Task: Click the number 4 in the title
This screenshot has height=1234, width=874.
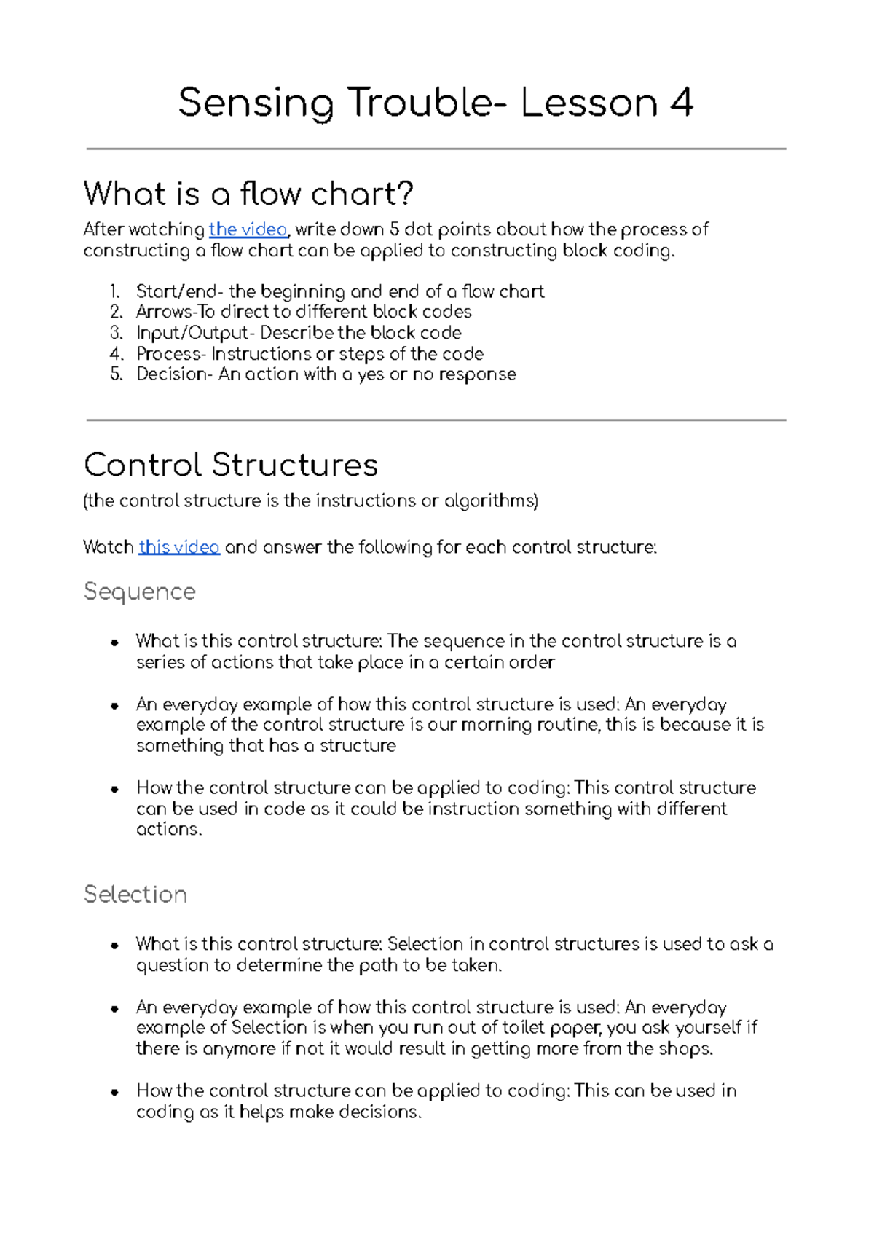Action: click(681, 102)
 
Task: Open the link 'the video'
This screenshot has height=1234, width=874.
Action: click(248, 229)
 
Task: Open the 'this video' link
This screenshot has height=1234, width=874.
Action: click(179, 547)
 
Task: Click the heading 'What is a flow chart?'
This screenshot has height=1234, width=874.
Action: click(248, 194)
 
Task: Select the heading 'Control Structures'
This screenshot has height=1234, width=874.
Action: click(231, 465)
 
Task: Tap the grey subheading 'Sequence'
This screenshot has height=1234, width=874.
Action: click(139, 592)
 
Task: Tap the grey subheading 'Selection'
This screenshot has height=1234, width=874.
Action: click(135, 895)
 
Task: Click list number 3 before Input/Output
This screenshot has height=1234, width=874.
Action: click(117, 333)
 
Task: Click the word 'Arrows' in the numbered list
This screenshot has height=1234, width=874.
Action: click(162, 312)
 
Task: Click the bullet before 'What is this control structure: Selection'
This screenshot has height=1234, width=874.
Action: click(114, 946)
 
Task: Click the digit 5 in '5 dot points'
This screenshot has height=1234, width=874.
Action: click(394, 229)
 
